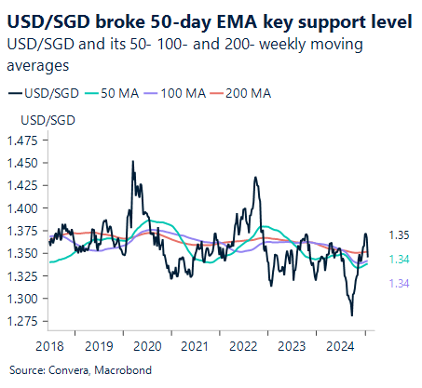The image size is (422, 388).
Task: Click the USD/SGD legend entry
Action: (x=51, y=93)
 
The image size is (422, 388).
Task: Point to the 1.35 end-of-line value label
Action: (x=399, y=235)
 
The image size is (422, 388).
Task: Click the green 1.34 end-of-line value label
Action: (x=399, y=260)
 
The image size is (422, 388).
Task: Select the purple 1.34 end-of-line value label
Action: (x=399, y=282)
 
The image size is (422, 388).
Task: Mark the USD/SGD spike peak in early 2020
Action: (x=131, y=162)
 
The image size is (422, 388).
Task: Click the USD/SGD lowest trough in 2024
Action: (x=351, y=315)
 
